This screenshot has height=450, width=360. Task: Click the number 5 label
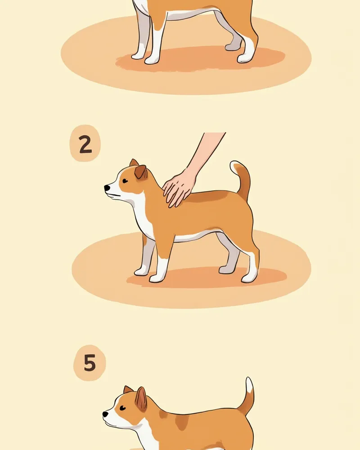pyautogui.click(x=90, y=363)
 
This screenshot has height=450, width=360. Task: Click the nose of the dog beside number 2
pyautogui.click(x=107, y=188)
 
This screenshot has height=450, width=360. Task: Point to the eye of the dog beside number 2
pyautogui.click(x=125, y=181)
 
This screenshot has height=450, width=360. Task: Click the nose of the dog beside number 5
pyautogui.click(x=105, y=414)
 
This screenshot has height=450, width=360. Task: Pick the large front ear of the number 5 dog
pyautogui.click(x=141, y=399)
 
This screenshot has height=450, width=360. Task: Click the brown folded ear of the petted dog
pyautogui.click(x=141, y=172)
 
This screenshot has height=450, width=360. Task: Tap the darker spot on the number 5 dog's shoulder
pyautogui.click(x=182, y=423)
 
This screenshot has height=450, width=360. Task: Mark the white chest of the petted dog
pyautogui.click(x=142, y=212)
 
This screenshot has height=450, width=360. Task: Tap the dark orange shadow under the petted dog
pyautogui.click(x=207, y=277)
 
